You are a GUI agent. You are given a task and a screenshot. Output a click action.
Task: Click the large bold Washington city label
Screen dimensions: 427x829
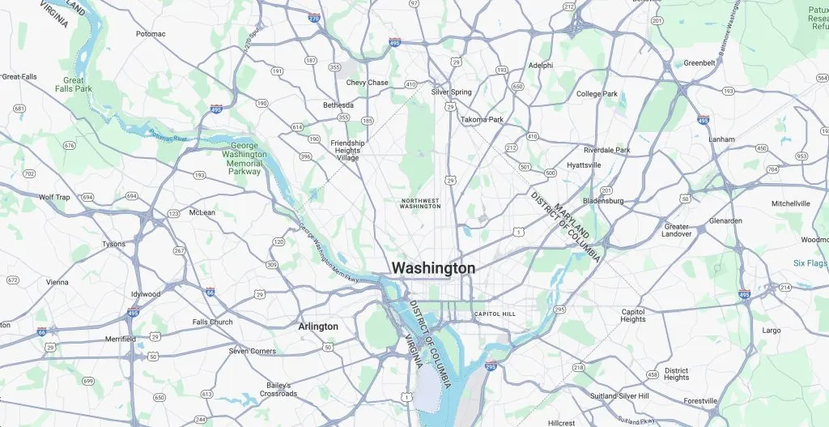coord(433,268)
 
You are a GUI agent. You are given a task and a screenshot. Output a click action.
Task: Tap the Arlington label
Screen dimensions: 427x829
coord(318,327)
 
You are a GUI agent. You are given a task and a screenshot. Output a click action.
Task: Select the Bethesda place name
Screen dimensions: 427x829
coord(338,105)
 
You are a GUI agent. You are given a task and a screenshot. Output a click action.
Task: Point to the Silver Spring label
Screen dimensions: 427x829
coord(451,92)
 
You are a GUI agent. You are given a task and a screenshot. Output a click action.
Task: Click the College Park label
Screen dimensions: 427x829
coord(597,94)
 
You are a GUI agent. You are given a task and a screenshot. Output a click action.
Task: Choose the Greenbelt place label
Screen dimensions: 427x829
coord(699,63)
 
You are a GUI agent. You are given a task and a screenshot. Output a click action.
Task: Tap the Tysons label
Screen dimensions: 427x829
coord(113,244)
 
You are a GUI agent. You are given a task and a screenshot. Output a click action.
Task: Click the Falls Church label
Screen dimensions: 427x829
coord(212,322)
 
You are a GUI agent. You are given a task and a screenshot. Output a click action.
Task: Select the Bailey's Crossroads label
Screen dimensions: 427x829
coord(278,390)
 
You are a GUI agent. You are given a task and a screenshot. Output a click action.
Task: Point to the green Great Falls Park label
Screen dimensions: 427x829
coord(74,84)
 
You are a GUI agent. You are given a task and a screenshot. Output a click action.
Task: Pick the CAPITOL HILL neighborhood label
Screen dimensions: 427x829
coord(494,314)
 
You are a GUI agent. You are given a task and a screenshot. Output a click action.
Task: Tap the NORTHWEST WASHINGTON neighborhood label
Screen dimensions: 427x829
coord(420,203)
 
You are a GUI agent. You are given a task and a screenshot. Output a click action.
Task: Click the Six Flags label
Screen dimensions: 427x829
coord(810,263)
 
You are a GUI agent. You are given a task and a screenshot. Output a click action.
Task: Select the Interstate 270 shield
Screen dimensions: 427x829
coord(314,18)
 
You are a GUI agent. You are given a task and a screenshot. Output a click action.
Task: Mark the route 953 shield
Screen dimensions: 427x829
coord(801,156)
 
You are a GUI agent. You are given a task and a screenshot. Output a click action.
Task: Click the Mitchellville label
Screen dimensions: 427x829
coord(790,203)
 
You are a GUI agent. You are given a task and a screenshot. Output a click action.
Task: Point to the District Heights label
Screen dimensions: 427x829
coord(676,374)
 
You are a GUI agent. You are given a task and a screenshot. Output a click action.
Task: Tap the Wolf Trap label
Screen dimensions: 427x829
coord(54,197)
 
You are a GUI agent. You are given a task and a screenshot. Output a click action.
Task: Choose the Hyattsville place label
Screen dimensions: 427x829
coord(584,165)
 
